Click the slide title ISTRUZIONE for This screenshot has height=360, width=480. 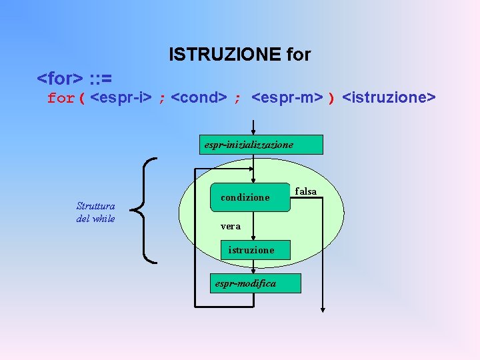coord(240,54)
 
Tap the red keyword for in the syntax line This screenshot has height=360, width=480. coord(61,99)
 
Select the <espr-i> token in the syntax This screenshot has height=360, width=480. coord(121,99)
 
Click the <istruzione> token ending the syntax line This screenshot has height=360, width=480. coord(389,99)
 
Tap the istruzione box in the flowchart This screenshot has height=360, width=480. coord(251,250)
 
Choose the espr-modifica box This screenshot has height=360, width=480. coord(254,283)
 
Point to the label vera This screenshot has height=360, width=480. coord(231,227)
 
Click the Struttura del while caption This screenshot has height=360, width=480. coord(96,213)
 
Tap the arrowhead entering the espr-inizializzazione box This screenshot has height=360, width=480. coord(253,132)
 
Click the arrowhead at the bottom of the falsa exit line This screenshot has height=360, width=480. coord(322,308)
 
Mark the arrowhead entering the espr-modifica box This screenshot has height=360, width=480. coord(253,270)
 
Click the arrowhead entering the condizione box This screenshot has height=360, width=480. coord(253,179)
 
